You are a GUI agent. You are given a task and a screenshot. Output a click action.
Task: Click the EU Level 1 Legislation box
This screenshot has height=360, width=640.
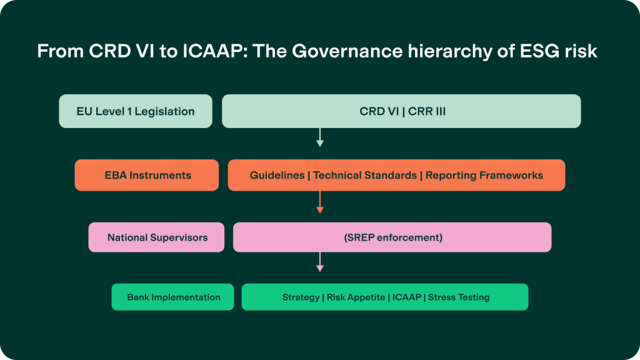136,112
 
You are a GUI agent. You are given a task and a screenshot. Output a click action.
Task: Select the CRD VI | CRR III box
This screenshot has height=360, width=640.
401,112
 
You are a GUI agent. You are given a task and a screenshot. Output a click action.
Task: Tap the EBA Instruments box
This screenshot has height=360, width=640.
147,176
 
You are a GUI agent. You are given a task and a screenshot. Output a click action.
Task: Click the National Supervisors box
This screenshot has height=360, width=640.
156,237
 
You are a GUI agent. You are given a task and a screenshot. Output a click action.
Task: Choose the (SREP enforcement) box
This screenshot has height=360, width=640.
392,237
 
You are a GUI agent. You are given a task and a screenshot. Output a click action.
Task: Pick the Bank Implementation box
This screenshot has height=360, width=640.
173,297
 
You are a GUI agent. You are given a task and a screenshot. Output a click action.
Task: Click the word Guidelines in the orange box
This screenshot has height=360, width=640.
277,176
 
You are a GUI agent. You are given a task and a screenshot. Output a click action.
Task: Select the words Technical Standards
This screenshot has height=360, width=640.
365,176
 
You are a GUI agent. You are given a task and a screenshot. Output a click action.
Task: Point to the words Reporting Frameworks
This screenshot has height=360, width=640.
484,176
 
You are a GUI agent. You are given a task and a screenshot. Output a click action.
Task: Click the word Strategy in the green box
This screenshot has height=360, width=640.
301,297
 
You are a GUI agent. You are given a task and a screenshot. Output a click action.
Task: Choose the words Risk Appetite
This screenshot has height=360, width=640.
356,297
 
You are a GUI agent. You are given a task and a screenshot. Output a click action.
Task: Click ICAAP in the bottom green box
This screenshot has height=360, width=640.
406,297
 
